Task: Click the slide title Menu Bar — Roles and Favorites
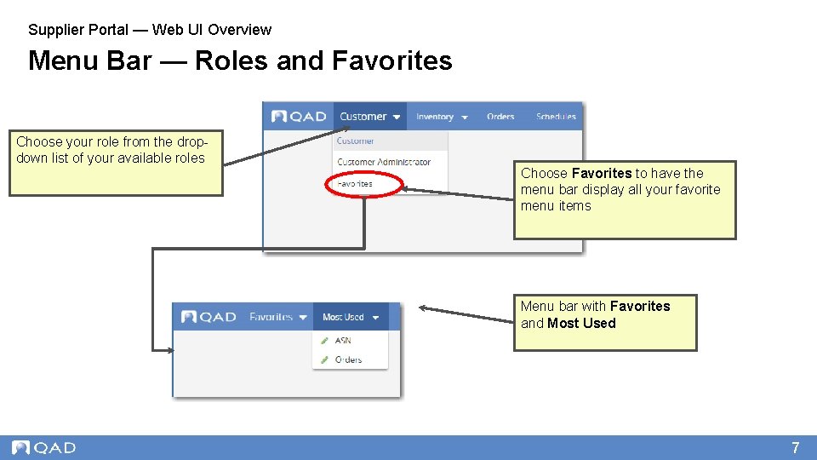click(240, 61)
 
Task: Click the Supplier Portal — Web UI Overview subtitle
click(150, 30)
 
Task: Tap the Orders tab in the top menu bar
click(500, 117)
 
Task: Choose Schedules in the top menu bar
click(556, 117)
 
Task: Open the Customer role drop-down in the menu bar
click(369, 117)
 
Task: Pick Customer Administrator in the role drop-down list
click(384, 162)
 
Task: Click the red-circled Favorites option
click(355, 183)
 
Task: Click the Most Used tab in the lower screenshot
click(348, 317)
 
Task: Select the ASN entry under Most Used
click(343, 340)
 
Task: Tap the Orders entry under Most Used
click(348, 359)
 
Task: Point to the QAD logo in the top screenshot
click(299, 117)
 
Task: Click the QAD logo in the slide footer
click(44, 447)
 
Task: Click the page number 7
click(796, 447)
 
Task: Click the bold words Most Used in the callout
click(581, 323)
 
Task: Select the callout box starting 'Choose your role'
click(116, 163)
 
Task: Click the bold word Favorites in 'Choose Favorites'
click(602, 173)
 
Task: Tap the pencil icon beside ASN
click(324, 341)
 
